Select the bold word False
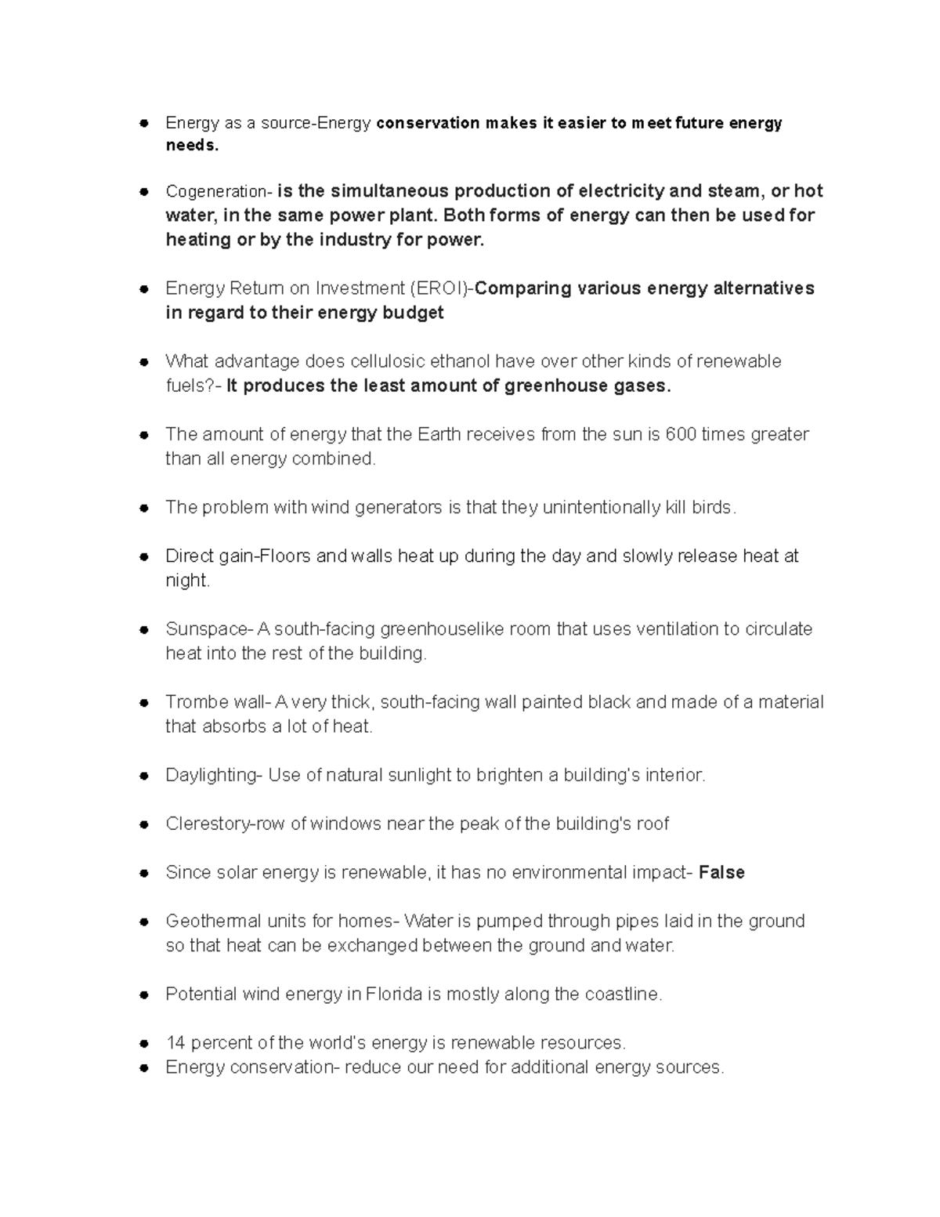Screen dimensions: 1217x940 721,872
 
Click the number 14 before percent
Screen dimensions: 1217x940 175,1043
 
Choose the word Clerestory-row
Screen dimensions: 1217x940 225,824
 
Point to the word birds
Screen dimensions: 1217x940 713,508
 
